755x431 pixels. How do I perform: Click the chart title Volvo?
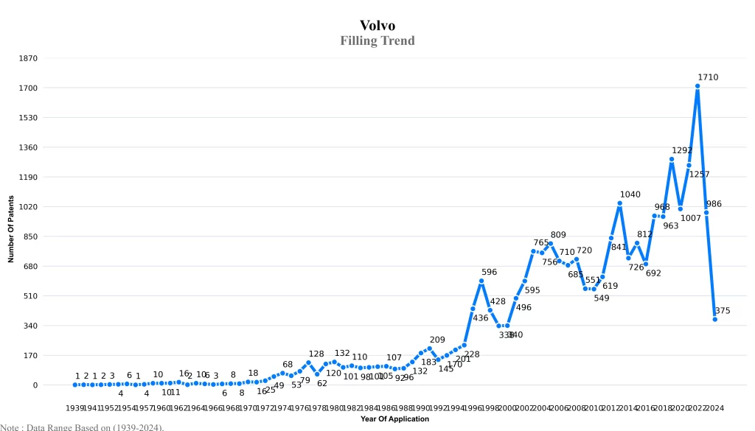pos(377,26)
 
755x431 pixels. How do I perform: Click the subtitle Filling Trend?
pos(377,41)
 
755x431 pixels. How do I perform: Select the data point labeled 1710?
pos(697,86)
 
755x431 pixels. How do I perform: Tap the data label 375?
pos(723,311)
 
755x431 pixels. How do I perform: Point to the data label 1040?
pos(630,195)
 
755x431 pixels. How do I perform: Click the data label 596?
pos(489,273)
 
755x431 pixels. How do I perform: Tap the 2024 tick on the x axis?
pos(714,408)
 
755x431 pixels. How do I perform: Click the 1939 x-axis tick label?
pos(75,408)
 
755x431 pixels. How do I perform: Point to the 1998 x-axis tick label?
pos(490,408)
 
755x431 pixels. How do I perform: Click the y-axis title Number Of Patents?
pos(11,229)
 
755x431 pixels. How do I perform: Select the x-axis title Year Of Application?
pos(394,419)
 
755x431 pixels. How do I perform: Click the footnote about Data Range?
pos(82,427)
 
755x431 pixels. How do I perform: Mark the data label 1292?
pos(682,150)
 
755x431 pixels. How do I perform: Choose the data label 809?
pos(558,235)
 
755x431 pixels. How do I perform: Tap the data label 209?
pos(437,340)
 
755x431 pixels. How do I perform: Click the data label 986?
pos(714,204)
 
